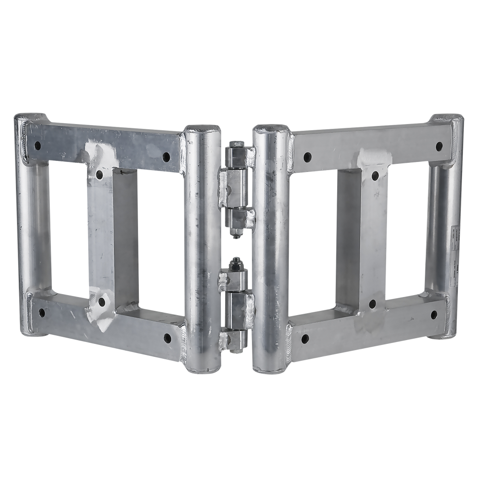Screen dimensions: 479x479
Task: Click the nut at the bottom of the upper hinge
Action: (x=235, y=234)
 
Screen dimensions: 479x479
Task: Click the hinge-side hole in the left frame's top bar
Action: (x=166, y=156)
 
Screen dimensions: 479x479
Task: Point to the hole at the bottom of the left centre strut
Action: (x=102, y=301)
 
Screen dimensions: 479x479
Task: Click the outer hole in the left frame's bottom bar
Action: (x=42, y=313)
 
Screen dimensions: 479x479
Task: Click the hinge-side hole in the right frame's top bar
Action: (x=307, y=156)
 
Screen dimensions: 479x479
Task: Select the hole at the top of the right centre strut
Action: (x=375, y=174)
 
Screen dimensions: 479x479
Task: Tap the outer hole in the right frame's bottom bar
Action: (x=434, y=314)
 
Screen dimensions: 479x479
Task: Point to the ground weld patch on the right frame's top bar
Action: (x=375, y=156)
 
